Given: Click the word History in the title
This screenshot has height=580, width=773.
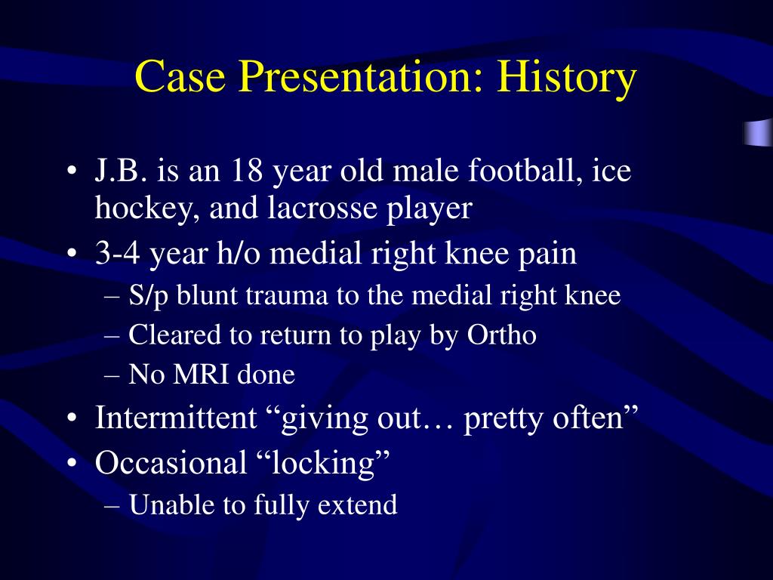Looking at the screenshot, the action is coord(566,77).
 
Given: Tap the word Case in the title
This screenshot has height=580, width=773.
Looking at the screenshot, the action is coord(180,76).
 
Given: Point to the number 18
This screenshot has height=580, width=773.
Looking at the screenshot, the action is coord(247,171).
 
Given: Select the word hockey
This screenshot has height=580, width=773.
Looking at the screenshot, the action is coord(147,208).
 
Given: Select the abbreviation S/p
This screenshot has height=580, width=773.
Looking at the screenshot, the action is coord(148,296).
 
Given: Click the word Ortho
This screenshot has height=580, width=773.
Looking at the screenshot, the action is coord(501,335).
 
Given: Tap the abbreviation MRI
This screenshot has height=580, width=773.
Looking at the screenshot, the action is coord(201,375).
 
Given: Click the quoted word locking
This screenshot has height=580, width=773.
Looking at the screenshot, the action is coord(324,464).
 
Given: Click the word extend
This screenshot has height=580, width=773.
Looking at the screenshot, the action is coord(357,504).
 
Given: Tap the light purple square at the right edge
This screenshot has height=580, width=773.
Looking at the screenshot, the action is coord(758,132).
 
